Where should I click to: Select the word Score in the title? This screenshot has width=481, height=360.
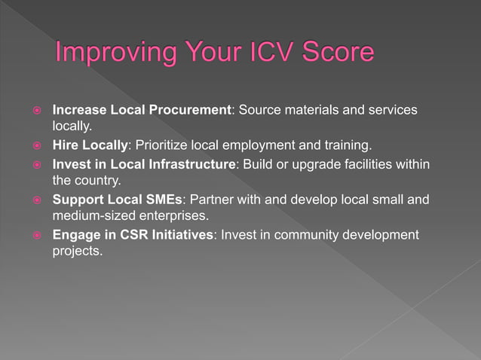point(337,53)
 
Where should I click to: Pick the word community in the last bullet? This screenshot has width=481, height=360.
point(305,235)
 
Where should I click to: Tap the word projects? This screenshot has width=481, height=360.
point(76,252)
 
